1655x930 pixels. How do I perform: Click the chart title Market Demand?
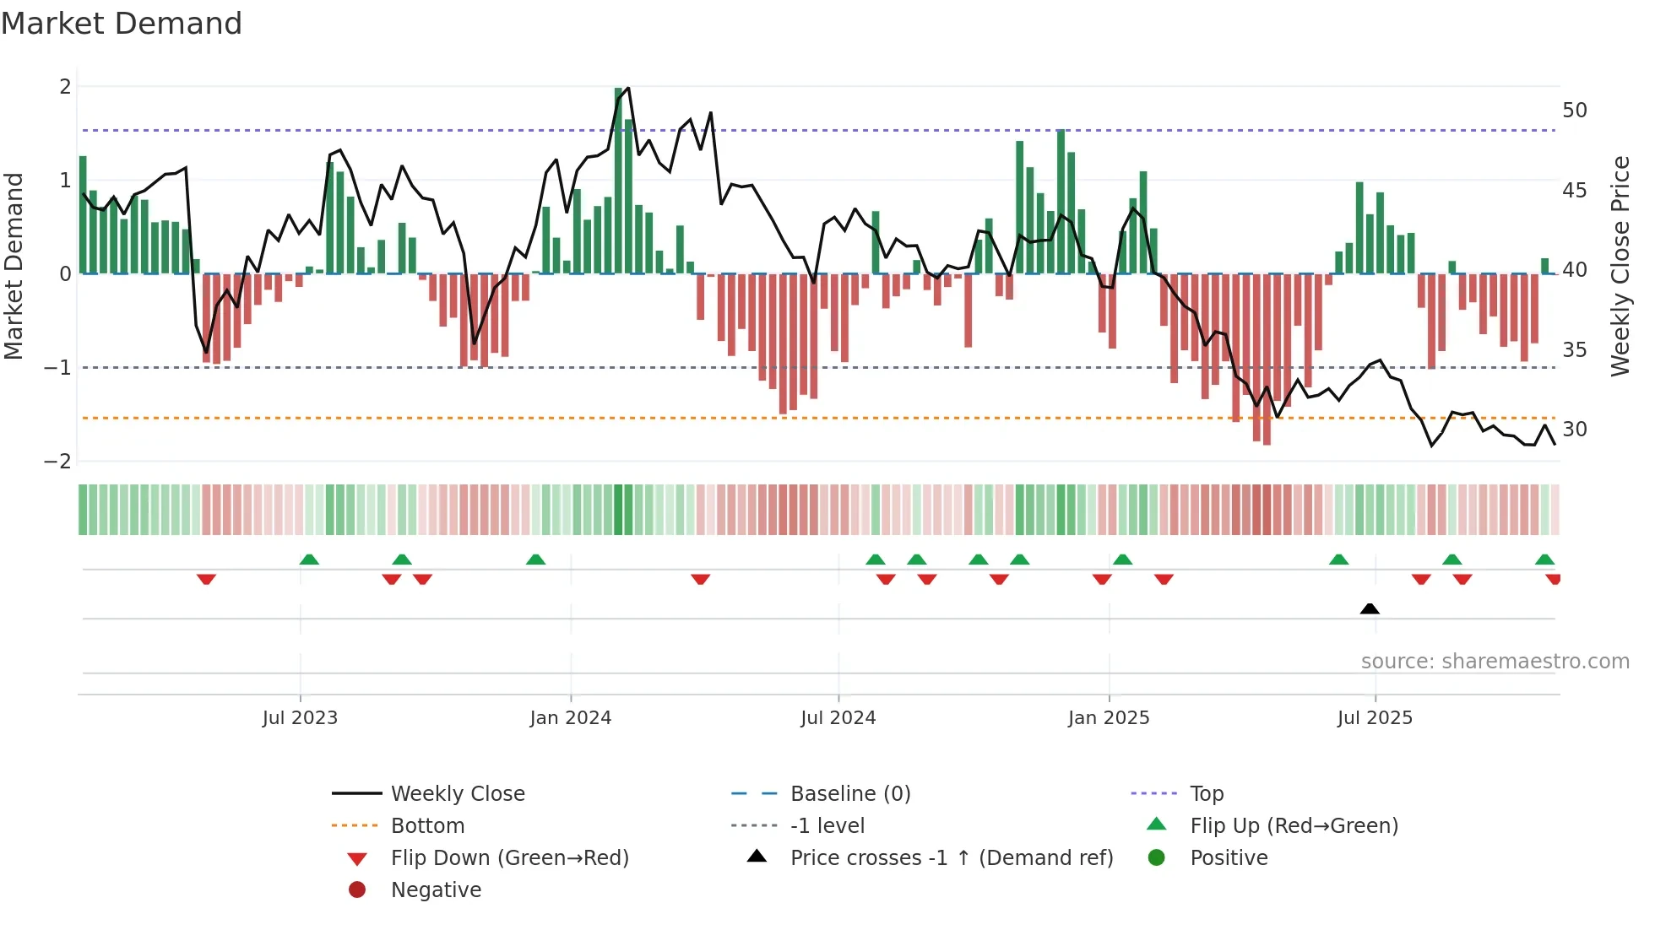pos(122,24)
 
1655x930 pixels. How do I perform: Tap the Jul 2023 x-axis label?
pos(300,718)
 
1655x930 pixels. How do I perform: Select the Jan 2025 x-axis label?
pos(1108,718)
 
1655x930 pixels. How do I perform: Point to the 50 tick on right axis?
pos(1574,111)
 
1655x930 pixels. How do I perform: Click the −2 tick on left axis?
pos(58,462)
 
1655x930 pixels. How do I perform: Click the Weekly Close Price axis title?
pos(1620,266)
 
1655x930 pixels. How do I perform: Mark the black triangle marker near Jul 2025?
pos(1370,609)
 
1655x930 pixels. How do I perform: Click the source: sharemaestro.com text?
pos(1495,662)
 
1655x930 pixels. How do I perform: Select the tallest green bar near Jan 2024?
pos(619,181)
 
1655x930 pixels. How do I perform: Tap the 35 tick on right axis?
pos(1574,350)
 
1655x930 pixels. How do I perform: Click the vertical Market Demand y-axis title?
pos(14,266)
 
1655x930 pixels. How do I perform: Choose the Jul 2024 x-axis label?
pos(838,718)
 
